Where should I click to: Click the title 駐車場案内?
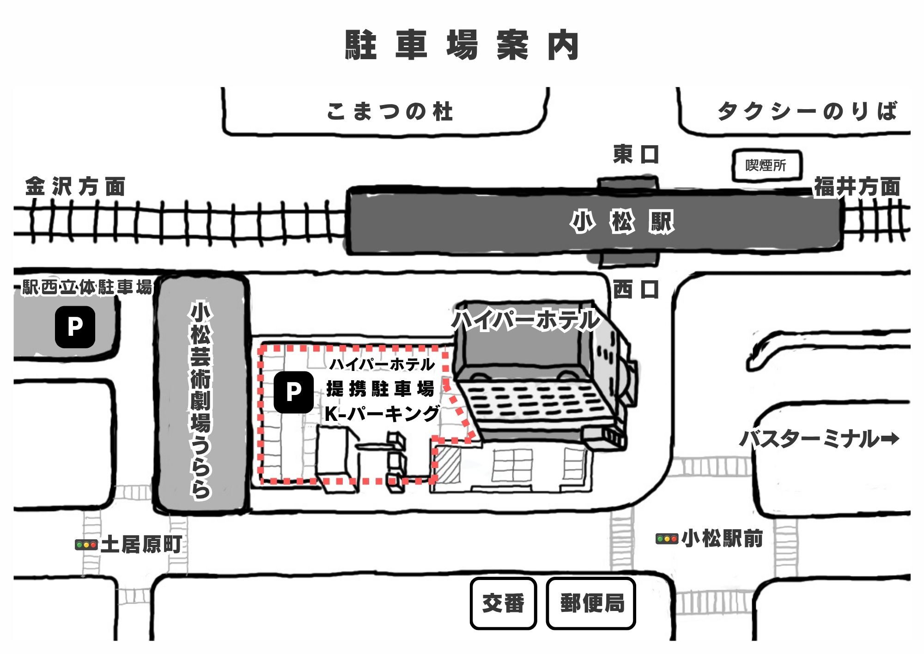click(462, 45)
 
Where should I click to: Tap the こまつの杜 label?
click(389, 111)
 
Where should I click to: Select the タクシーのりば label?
click(807, 111)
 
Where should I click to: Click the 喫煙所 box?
click(767, 165)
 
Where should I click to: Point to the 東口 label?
click(636, 154)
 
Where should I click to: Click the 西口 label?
click(636, 290)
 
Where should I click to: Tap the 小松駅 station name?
click(622, 222)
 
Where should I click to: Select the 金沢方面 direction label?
click(75, 186)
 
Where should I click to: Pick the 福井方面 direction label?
click(857, 187)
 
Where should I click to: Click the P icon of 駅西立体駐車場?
click(75, 327)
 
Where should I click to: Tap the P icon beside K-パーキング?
click(293, 392)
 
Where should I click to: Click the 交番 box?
click(503, 603)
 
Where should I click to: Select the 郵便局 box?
click(591, 603)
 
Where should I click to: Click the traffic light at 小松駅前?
click(667, 539)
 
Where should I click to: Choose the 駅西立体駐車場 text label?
click(87, 287)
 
